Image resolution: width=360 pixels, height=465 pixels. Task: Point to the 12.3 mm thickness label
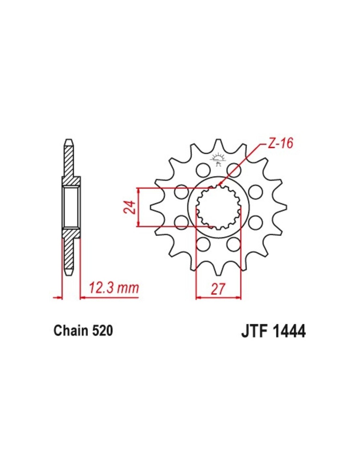pos(114,288)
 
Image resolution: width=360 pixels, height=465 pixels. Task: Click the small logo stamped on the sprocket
pos(218,160)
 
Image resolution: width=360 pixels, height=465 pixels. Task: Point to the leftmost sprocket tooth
pos(155,207)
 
